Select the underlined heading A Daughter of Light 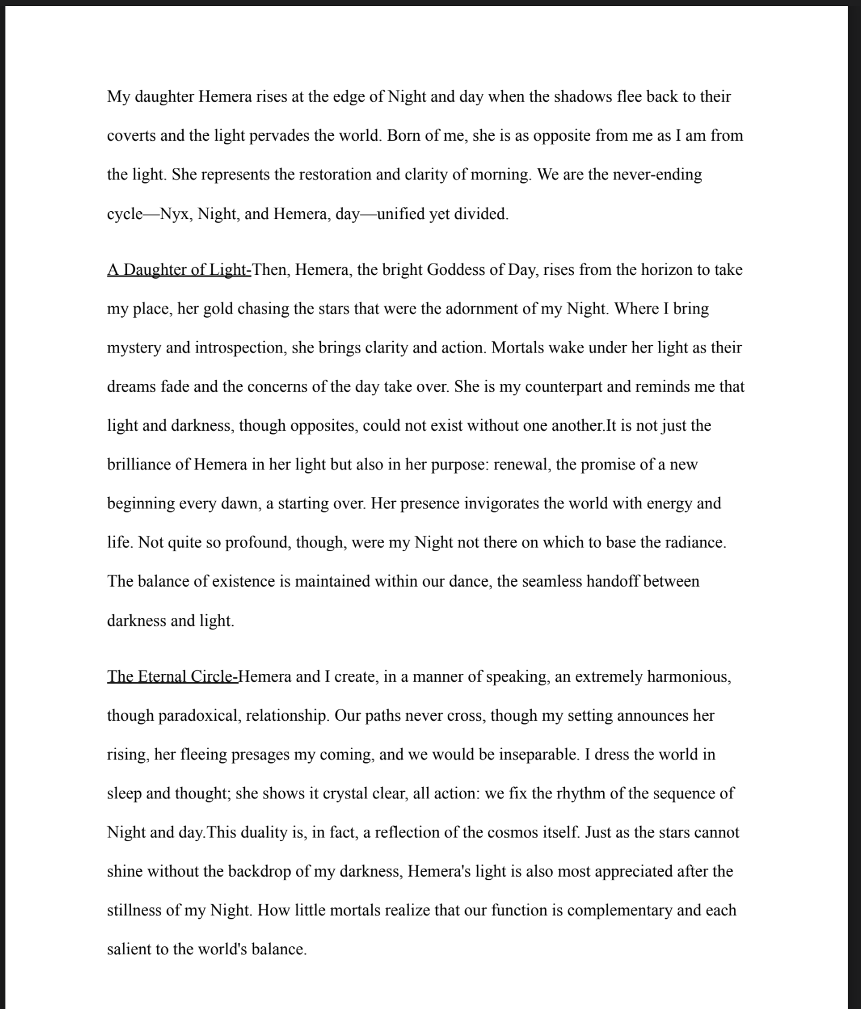tap(179, 270)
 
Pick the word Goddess tap(457, 270)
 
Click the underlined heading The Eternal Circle tap(173, 677)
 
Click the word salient tap(129, 949)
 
